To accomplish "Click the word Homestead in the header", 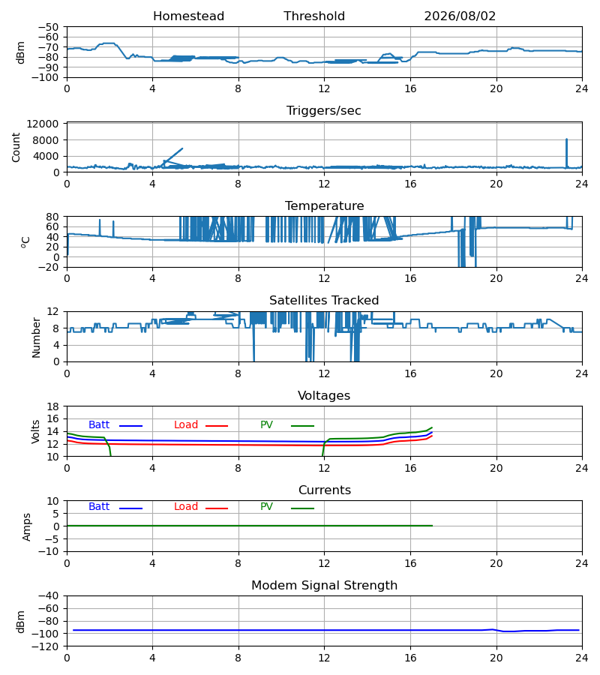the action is pyautogui.click(x=188, y=16).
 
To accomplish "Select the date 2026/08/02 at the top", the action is pyautogui.click(x=460, y=16).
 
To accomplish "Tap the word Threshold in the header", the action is pyautogui.click(x=314, y=16).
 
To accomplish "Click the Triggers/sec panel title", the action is pyautogui.click(x=324, y=111).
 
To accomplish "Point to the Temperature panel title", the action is pyautogui.click(x=324, y=205).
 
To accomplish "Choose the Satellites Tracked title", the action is pyautogui.click(x=324, y=301).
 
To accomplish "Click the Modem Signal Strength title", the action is pyautogui.click(x=324, y=586).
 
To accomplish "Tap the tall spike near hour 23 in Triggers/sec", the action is pyautogui.click(x=566, y=153).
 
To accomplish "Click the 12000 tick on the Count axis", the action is pyautogui.click(x=43, y=124).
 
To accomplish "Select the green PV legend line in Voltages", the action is pyautogui.click(x=302, y=426).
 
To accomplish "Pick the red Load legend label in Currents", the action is pyautogui.click(x=186, y=507).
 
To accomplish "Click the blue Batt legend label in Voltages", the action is pyautogui.click(x=99, y=425).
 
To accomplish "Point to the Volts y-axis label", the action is pyautogui.click(x=35, y=431).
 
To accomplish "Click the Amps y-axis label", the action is pyautogui.click(x=27, y=527).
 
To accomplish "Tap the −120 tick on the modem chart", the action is pyautogui.click(x=48, y=646).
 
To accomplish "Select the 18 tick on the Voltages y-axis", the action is pyautogui.click(x=53, y=406).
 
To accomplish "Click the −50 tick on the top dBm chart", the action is pyautogui.click(x=48, y=27).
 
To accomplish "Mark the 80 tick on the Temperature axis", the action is pyautogui.click(x=53, y=217).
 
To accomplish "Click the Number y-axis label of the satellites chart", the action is pyautogui.click(x=36, y=337).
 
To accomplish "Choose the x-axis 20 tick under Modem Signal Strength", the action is pyautogui.click(x=496, y=658).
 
